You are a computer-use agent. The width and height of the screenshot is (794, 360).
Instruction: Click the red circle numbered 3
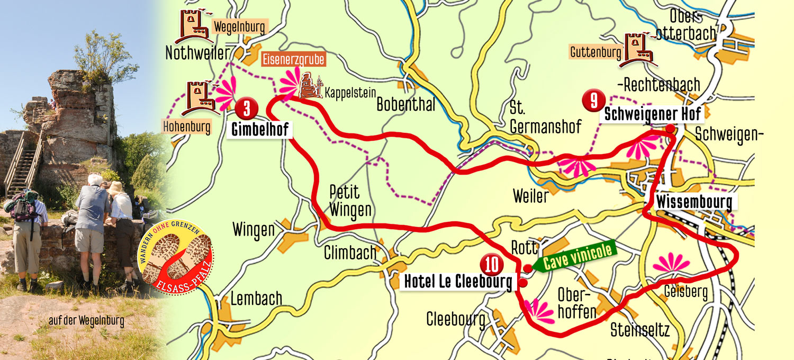(x=247, y=108)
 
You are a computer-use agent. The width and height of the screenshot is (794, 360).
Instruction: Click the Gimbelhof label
(x=259, y=129)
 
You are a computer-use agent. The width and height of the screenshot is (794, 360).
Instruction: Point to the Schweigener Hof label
(x=652, y=113)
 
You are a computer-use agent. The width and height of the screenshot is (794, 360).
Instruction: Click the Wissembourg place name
(x=694, y=202)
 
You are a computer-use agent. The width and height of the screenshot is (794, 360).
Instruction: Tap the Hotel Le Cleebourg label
(x=458, y=282)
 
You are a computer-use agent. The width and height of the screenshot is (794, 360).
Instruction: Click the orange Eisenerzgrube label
(x=294, y=59)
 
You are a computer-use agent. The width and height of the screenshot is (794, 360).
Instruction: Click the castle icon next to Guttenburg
(x=639, y=50)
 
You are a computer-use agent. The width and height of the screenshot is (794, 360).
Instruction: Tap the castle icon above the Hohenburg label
(x=200, y=97)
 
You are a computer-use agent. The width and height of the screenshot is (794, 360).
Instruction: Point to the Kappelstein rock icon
(x=311, y=87)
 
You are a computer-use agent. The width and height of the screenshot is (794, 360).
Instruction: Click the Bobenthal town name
(x=405, y=104)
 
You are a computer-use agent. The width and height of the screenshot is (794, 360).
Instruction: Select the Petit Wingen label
(x=350, y=201)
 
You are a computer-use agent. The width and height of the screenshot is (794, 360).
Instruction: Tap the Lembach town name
(x=256, y=299)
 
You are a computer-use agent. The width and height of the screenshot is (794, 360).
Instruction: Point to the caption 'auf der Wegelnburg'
(x=86, y=321)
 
